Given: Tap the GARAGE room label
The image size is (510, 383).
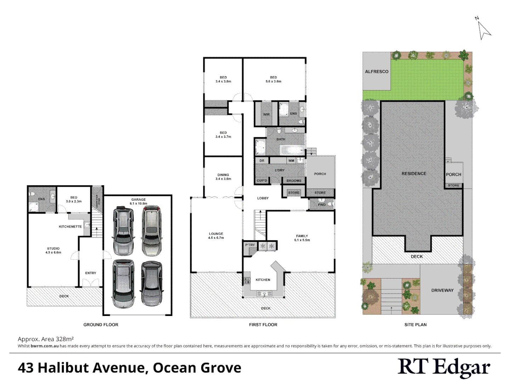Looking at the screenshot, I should click(x=138, y=201).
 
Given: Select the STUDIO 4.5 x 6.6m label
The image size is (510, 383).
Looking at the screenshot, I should click(x=53, y=250).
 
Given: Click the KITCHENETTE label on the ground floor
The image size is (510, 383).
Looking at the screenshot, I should click(x=70, y=227).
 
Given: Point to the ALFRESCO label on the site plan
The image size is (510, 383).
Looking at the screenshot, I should click(x=376, y=72).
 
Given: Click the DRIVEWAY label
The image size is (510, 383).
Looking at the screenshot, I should click(x=442, y=290).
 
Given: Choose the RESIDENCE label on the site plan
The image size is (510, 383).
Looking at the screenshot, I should click(x=414, y=174).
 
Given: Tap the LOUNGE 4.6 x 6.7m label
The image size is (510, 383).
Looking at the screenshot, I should click(x=216, y=236).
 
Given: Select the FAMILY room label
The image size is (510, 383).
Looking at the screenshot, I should click(x=302, y=238).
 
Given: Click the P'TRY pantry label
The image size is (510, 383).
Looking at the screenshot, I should click(x=250, y=245).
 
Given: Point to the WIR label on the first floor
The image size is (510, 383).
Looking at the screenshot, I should click(x=266, y=115).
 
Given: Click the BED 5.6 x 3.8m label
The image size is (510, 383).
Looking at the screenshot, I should click(x=273, y=79).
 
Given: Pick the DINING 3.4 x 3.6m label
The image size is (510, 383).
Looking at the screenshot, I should click(x=223, y=177).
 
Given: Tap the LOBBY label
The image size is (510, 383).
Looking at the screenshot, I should click(x=263, y=198).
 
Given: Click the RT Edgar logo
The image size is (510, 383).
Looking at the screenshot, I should click(x=444, y=367).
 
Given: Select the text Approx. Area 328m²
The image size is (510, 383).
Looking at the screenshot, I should click(x=46, y=339).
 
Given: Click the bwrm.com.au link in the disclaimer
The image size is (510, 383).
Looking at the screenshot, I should click(x=45, y=346).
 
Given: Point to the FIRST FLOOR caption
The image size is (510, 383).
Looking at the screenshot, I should click(x=263, y=325).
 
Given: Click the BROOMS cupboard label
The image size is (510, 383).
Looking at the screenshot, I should click(x=294, y=181).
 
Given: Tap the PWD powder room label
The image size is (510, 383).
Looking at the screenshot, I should click(x=322, y=205).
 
